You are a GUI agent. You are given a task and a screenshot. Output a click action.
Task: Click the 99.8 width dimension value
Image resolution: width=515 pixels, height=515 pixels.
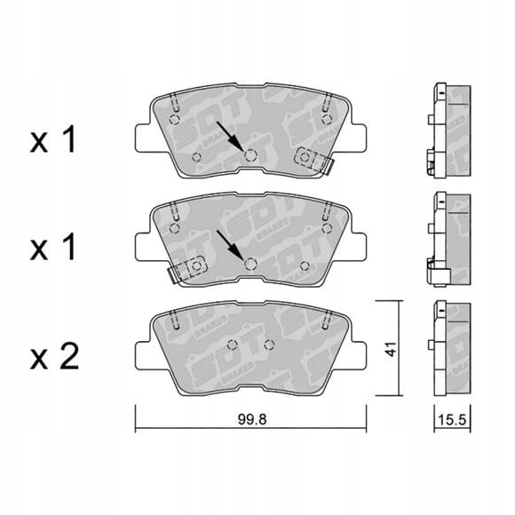[x=252, y=419]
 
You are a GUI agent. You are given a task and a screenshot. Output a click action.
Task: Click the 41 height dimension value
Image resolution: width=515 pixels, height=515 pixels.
[x=392, y=349]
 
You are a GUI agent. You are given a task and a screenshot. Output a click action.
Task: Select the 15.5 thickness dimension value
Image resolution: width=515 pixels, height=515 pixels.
[x=452, y=419]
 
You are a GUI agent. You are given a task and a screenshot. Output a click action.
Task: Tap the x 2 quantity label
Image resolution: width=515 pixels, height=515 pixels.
[x=54, y=357]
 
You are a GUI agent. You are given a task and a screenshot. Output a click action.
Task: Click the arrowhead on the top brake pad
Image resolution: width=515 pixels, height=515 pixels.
[x=238, y=145]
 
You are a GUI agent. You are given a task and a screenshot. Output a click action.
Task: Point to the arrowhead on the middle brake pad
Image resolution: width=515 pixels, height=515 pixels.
[x=238, y=254]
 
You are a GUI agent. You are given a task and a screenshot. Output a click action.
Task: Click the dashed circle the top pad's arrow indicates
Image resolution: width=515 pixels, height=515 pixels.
[x=250, y=154]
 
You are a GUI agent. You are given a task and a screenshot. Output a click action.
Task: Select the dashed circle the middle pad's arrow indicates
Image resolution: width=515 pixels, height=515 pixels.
[x=250, y=264]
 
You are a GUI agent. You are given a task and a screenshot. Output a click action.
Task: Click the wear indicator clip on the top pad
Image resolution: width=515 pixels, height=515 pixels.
[x=313, y=161]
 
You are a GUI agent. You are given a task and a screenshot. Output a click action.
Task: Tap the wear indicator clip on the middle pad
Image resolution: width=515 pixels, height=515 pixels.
[x=186, y=269]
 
